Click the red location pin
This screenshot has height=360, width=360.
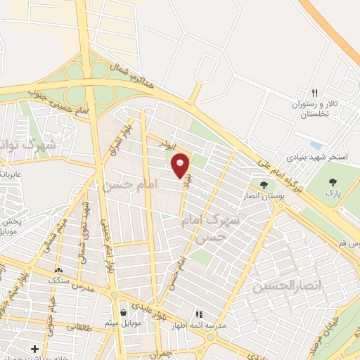click(181, 165)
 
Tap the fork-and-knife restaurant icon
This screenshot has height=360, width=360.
click(315, 92)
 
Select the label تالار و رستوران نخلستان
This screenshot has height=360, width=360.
click(315, 109)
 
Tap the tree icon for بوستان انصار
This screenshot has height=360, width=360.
click(264, 185)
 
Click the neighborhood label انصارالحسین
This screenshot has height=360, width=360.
click(285, 286)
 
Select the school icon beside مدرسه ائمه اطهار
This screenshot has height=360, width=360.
click(199, 314)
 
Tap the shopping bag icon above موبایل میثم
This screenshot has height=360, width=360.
click(124, 311)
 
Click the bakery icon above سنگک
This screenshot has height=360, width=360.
click(58, 269)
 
